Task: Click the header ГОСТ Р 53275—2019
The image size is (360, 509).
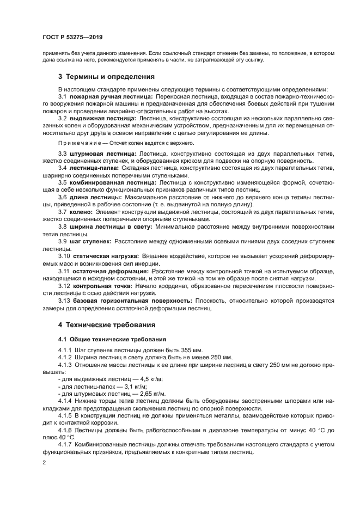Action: tap(72, 37)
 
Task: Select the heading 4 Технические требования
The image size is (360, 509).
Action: tap(107, 324)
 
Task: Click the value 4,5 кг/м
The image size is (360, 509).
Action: tap(151, 379)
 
